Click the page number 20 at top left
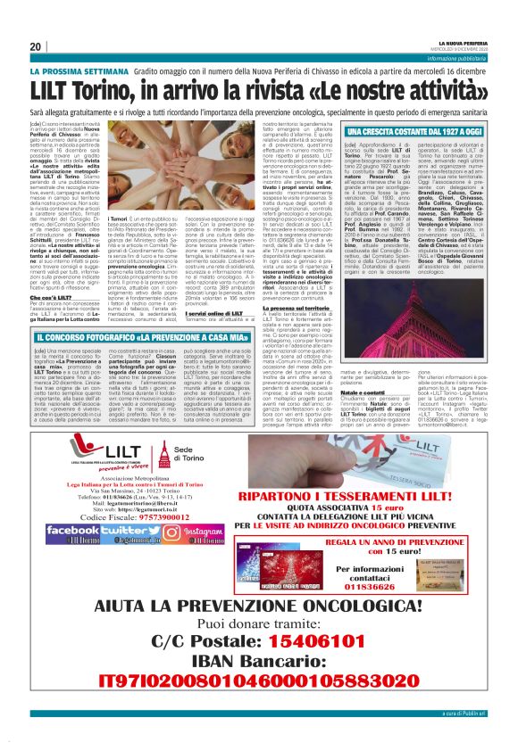36,46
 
